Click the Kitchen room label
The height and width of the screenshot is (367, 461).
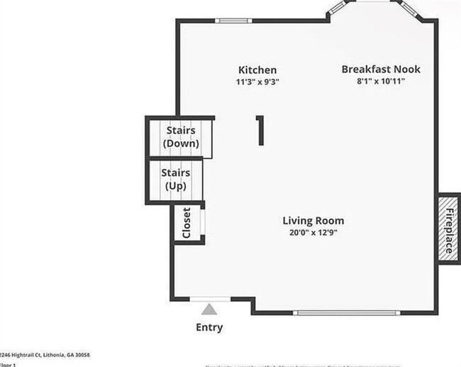tap(257, 70)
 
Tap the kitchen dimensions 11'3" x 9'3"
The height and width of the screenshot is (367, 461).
tap(257, 82)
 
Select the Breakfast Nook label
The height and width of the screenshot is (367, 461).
tap(381, 69)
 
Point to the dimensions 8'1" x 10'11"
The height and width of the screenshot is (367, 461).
tap(381, 81)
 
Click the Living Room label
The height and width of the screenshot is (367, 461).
tap(313, 221)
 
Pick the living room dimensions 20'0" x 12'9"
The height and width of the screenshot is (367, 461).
tap(313, 233)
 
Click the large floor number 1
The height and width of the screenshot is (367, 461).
tap(260, 131)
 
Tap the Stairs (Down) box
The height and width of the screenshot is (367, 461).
tap(181, 137)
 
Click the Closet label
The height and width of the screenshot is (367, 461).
tap(187, 223)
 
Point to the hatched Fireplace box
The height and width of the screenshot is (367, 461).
tap(448, 227)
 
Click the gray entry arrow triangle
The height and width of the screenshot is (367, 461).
tap(209, 309)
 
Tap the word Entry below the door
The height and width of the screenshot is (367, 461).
tap(209, 327)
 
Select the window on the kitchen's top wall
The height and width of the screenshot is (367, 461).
tap(233, 21)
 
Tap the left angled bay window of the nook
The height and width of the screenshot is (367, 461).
tap(336, 9)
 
